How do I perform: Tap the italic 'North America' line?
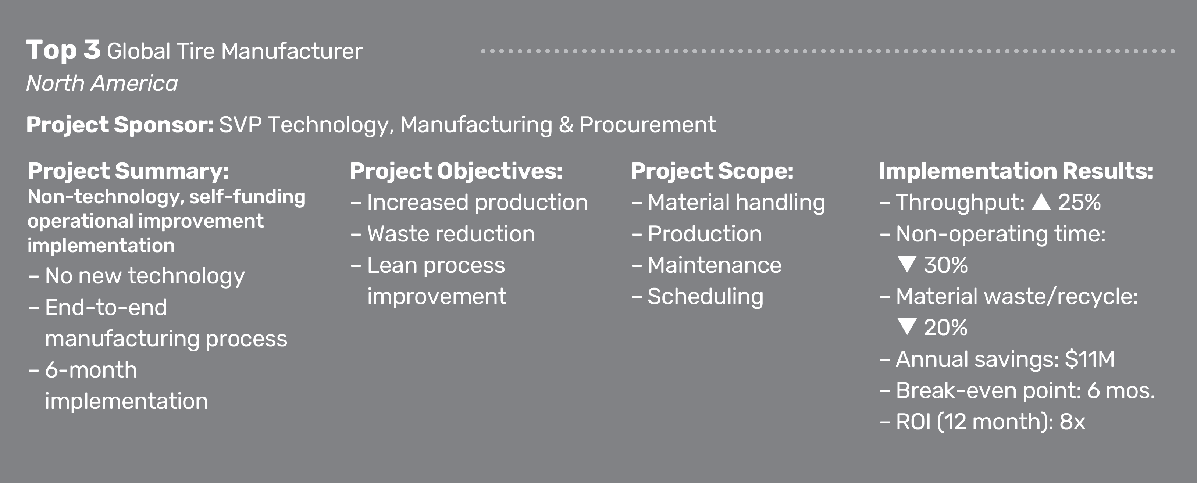click(x=102, y=83)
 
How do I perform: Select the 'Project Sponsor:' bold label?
click(x=120, y=125)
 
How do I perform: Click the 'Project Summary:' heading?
click(x=128, y=171)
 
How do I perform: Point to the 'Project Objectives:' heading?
click(x=456, y=171)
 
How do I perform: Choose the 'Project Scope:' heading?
click(x=712, y=171)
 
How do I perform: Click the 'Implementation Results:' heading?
click(x=1016, y=171)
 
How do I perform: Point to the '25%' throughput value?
click(x=1079, y=203)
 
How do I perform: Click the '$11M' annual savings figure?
click(x=1089, y=359)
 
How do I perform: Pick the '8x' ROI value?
click(x=1072, y=422)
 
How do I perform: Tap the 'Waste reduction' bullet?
click(x=451, y=234)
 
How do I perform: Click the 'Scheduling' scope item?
click(x=705, y=296)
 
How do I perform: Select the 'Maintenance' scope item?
click(x=714, y=265)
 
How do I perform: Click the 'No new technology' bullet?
click(x=145, y=276)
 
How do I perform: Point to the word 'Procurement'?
click(x=647, y=125)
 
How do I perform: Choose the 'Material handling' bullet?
click(x=736, y=203)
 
